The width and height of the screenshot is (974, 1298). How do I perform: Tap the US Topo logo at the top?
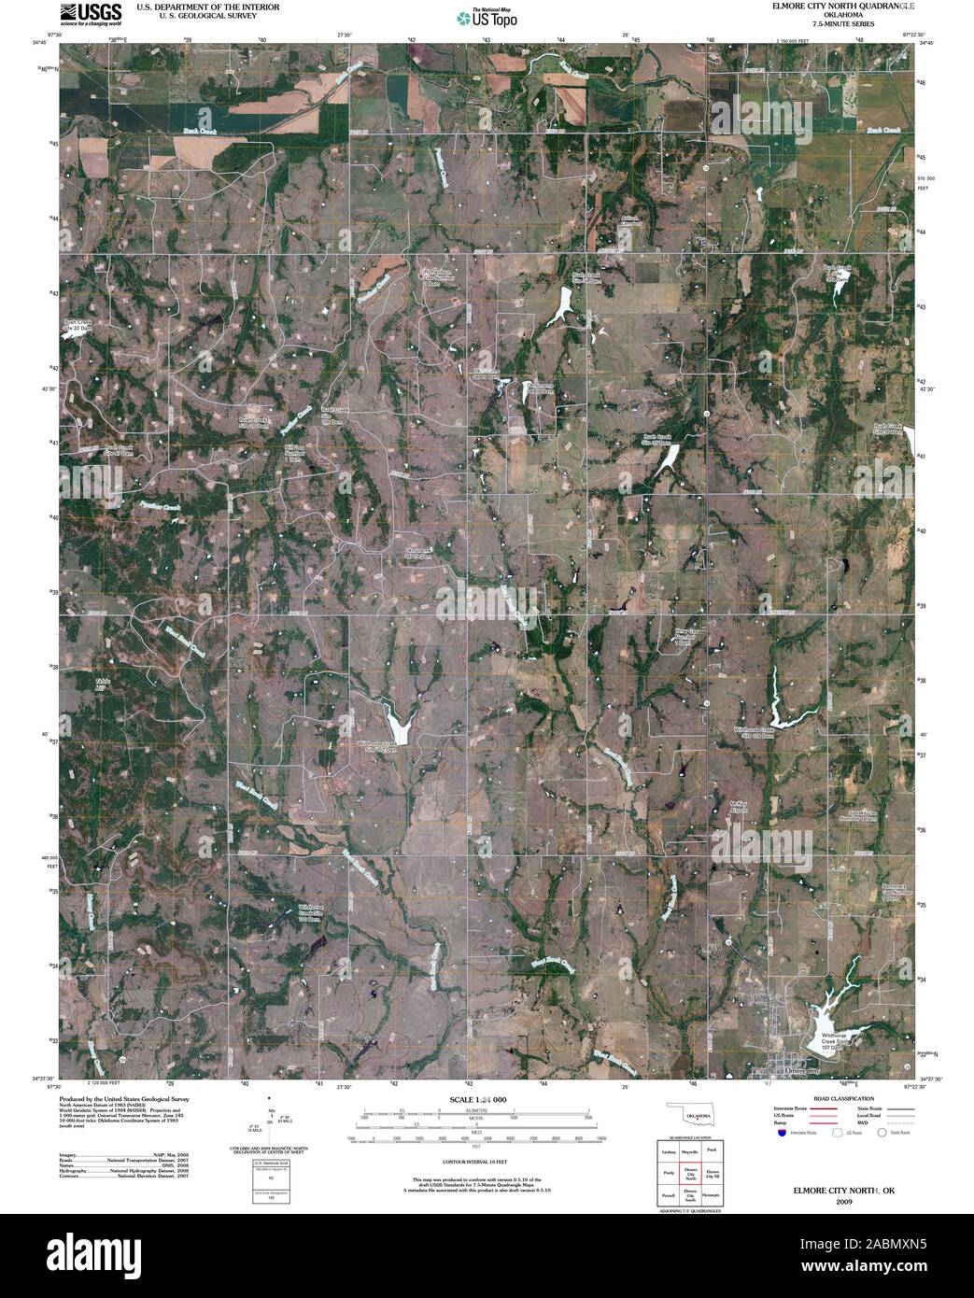pos(486,17)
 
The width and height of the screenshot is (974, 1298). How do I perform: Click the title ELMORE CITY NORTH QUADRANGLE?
pos(835,6)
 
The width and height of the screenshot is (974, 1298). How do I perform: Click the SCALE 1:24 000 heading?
pos(475,1100)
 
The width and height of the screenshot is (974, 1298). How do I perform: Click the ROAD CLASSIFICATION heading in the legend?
pos(844,1099)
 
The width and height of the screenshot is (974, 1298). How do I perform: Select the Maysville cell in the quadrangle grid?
pos(691,1153)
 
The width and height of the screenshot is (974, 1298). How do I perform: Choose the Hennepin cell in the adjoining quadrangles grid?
pos(713,1194)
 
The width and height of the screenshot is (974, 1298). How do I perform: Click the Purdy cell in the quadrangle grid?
pos(669,1174)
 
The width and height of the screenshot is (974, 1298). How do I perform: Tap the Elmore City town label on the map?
pos(802,1070)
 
